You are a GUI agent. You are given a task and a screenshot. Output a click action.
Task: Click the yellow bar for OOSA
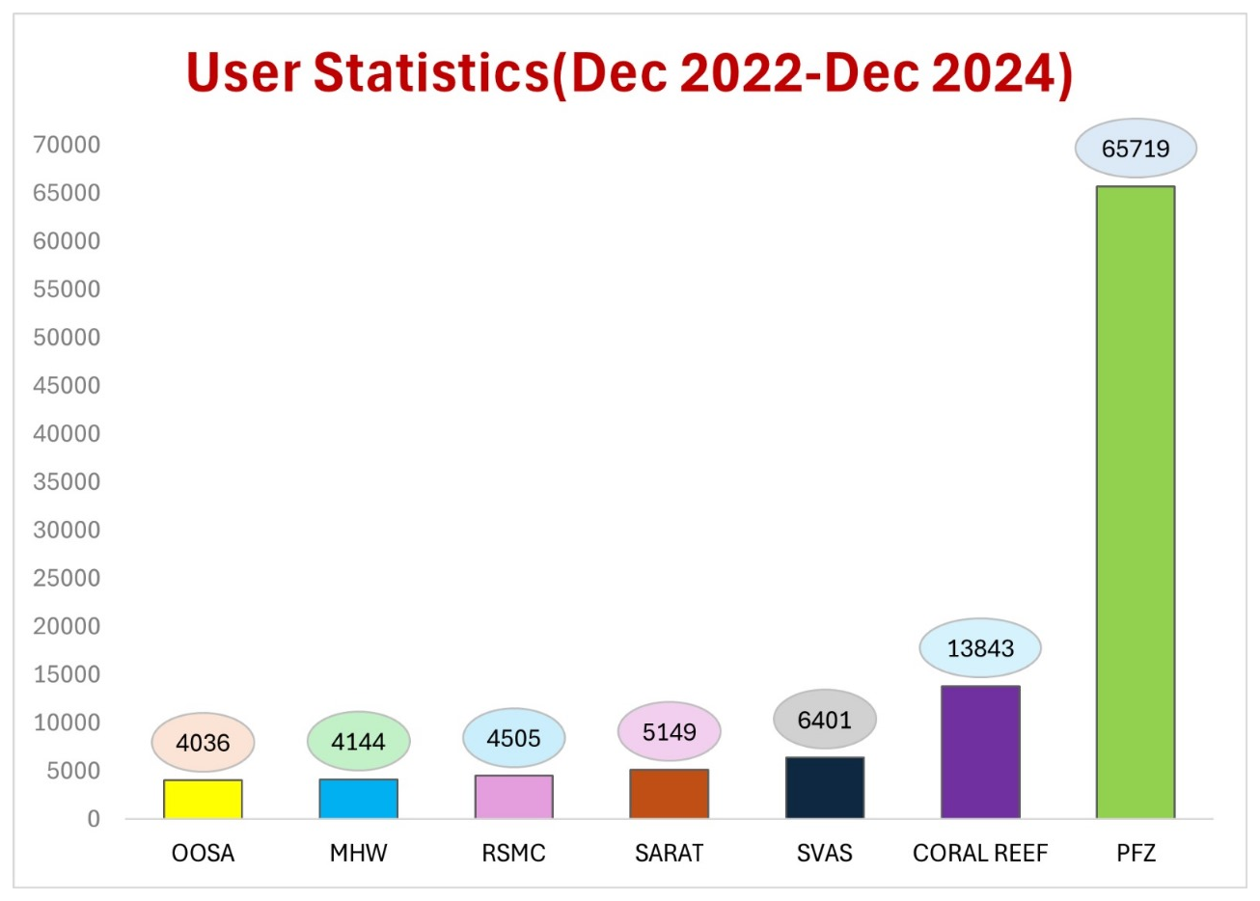pos(203,799)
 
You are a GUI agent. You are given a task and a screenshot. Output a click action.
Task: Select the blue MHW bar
pos(358,799)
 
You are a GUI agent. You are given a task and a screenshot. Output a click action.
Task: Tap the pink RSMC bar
pos(513,797)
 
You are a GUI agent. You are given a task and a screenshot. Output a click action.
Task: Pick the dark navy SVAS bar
pos(825,787)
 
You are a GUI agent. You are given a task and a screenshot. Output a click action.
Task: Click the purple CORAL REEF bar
pos(980,752)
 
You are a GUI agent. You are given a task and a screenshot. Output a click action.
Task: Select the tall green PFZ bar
pos(1136,502)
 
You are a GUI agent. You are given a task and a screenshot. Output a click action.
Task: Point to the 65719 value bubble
pos(1136,149)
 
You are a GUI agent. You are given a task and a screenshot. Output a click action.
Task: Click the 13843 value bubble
pos(980,648)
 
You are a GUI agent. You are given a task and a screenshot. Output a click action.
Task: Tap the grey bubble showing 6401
pos(825,720)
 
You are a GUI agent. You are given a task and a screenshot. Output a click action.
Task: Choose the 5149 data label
pos(670,732)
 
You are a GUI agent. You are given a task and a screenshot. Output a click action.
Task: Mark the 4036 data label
pos(203,743)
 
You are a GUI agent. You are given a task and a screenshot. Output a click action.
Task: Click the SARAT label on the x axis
pos(670,854)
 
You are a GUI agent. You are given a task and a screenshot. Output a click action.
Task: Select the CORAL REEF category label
pos(980,854)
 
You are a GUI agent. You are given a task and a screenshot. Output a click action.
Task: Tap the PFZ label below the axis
pos(1136,854)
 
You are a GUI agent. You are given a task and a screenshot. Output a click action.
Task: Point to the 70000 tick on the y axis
pos(67,145)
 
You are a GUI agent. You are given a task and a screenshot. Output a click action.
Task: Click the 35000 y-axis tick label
pos(67,481)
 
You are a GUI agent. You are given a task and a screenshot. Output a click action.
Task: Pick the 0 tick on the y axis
pos(93,819)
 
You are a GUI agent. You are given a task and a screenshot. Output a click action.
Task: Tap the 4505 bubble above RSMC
pos(513,739)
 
